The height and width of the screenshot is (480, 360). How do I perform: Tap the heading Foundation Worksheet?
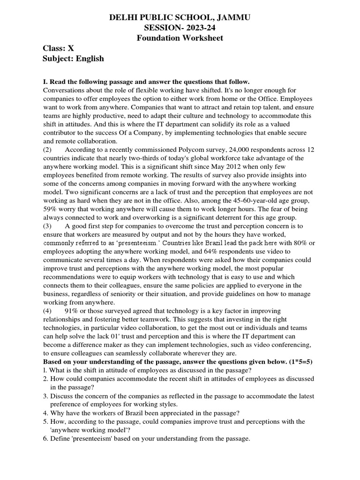coord(180,38)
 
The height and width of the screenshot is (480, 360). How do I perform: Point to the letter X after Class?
coord(71,48)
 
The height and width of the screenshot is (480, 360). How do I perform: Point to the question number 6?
coord(45,439)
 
